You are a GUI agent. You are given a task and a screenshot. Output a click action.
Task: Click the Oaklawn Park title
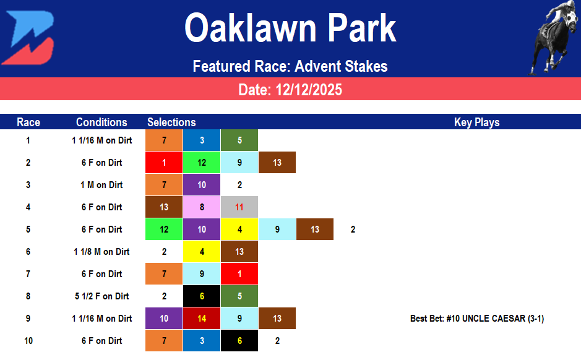[x=290, y=28]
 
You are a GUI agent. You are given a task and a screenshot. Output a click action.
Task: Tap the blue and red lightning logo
[x=28, y=38]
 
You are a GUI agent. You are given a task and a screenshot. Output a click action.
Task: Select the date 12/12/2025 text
[x=290, y=90]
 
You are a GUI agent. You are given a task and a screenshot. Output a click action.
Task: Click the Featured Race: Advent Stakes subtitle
[x=290, y=66]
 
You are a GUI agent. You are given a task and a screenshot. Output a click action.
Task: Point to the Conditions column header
[x=101, y=122]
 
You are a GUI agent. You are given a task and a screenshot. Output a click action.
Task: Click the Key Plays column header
[x=476, y=122]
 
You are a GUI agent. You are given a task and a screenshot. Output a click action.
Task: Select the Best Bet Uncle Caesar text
[x=477, y=319]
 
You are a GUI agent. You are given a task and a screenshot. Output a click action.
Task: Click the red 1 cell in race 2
[x=164, y=163]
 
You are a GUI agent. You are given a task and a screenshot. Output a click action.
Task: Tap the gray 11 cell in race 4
[x=239, y=207]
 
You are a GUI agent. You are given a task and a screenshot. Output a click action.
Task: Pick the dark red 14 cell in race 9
[x=202, y=319]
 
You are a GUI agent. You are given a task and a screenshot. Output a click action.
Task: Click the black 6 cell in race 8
[x=202, y=296]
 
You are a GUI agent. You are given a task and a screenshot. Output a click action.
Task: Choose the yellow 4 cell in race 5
[x=239, y=229]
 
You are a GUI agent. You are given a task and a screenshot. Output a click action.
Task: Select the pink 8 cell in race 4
[x=202, y=207]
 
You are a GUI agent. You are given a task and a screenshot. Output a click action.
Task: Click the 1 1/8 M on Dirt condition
[x=101, y=252]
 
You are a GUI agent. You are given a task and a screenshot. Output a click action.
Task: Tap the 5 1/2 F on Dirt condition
[x=101, y=296]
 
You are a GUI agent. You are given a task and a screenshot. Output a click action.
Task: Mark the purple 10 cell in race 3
[x=202, y=185]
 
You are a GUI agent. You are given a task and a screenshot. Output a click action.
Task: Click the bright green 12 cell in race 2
[x=202, y=163]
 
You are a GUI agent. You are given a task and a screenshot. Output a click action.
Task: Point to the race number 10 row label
[x=28, y=341]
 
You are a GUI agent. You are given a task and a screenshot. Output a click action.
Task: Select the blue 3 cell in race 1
[x=202, y=140]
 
